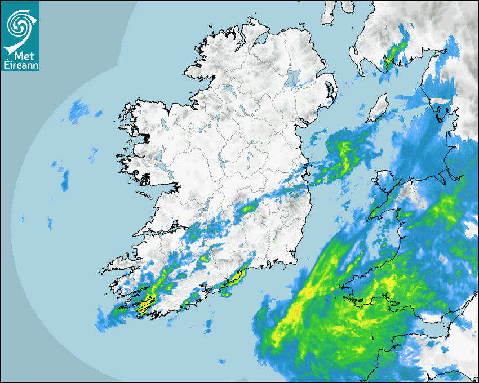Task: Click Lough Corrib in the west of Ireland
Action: [160, 155]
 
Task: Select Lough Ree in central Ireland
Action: [223, 163]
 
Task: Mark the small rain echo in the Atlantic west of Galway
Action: [65, 180]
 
